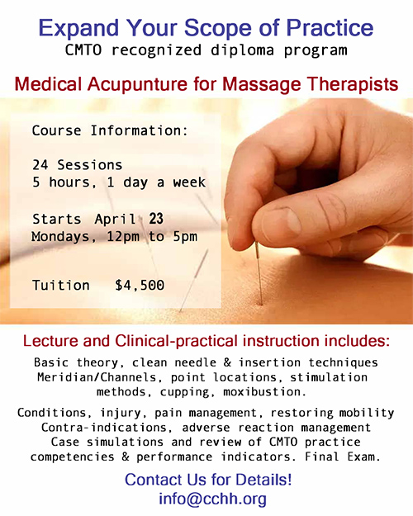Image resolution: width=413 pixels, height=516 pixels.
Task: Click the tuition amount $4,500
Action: click(140, 285)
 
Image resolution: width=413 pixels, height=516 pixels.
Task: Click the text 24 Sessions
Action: click(78, 165)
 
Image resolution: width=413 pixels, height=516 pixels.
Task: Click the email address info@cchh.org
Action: click(206, 499)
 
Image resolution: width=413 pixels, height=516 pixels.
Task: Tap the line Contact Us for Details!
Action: click(207, 479)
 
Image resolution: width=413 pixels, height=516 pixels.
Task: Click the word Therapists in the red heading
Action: click(354, 85)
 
